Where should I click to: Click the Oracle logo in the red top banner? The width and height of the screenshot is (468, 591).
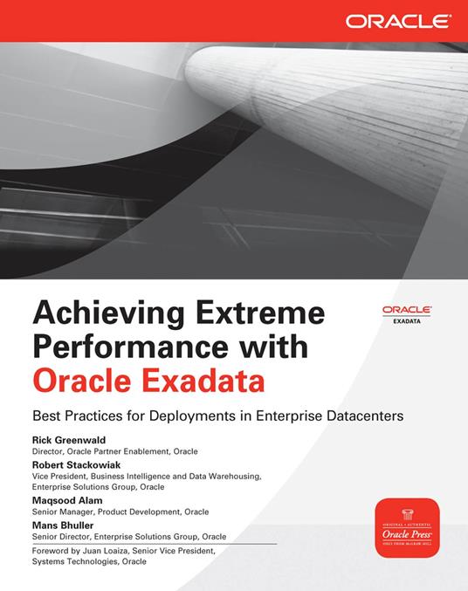pos(397,19)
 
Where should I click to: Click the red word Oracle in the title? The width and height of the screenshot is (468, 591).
pos(74,381)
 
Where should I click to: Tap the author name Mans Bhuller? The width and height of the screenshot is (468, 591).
pos(63,526)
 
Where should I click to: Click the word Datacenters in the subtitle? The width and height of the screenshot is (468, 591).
pos(360,416)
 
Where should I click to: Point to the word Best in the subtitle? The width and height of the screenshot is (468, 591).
pos(45,416)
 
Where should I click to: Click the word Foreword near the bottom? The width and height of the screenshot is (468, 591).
pos(52,551)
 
